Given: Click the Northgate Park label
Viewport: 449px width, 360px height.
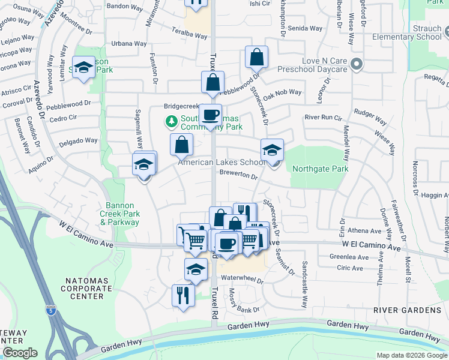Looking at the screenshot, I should click(x=320, y=169).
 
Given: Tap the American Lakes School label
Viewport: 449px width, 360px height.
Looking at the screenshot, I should click(x=221, y=163).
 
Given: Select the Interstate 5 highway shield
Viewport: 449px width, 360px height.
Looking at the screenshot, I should click(x=49, y=310).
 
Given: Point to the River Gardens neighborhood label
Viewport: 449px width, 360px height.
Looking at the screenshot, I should click(x=406, y=310).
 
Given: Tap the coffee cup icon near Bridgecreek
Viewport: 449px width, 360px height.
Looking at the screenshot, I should click(x=210, y=115).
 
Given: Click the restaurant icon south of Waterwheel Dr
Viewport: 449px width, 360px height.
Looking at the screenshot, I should click(x=183, y=295).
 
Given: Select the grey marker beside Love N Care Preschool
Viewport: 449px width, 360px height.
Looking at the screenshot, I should click(x=357, y=64).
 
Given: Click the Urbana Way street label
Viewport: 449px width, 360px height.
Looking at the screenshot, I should click(x=129, y=44).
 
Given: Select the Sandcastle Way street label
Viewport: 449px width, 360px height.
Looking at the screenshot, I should click(x=304, y=275).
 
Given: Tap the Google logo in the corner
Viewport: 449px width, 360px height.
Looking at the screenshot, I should click(x=19, y=353).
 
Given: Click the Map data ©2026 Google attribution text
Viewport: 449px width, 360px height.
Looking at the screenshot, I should click(x=411, y=355).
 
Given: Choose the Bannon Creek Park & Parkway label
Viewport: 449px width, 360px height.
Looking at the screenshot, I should click(x=119, y=214).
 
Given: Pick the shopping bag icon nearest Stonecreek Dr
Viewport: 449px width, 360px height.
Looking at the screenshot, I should click(x=256, y=58).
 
